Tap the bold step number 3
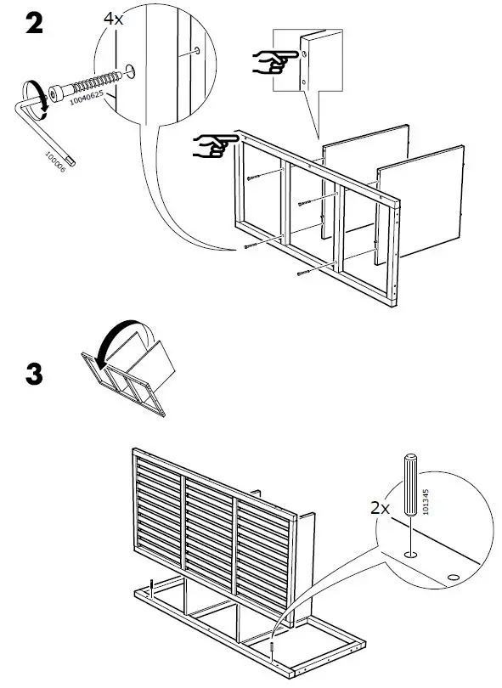click(x=33, y=375)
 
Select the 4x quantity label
click(x=113, y=18)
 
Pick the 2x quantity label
click(x=380, y=508)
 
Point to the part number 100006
click(x=57, y=156)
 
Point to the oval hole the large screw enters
click(x=130, y=69)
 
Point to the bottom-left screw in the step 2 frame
click(x=251, y=246)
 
